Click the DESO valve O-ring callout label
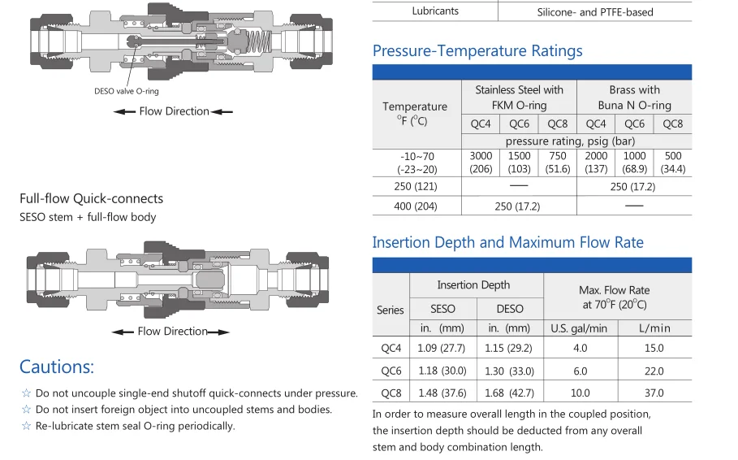tap(126, 91)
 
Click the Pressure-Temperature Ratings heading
tap(477, 50)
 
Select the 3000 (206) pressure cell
tap(481, 162)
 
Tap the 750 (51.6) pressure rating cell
tap(557, 162)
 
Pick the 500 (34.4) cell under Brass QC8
tap(672, 162)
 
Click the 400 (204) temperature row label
tap(415, 206)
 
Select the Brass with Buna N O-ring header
tap(634, 98)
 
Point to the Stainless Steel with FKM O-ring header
tap(519, 98)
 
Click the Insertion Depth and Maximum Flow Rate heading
tap(508, 242)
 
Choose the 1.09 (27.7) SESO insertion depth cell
tap(441, 348)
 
